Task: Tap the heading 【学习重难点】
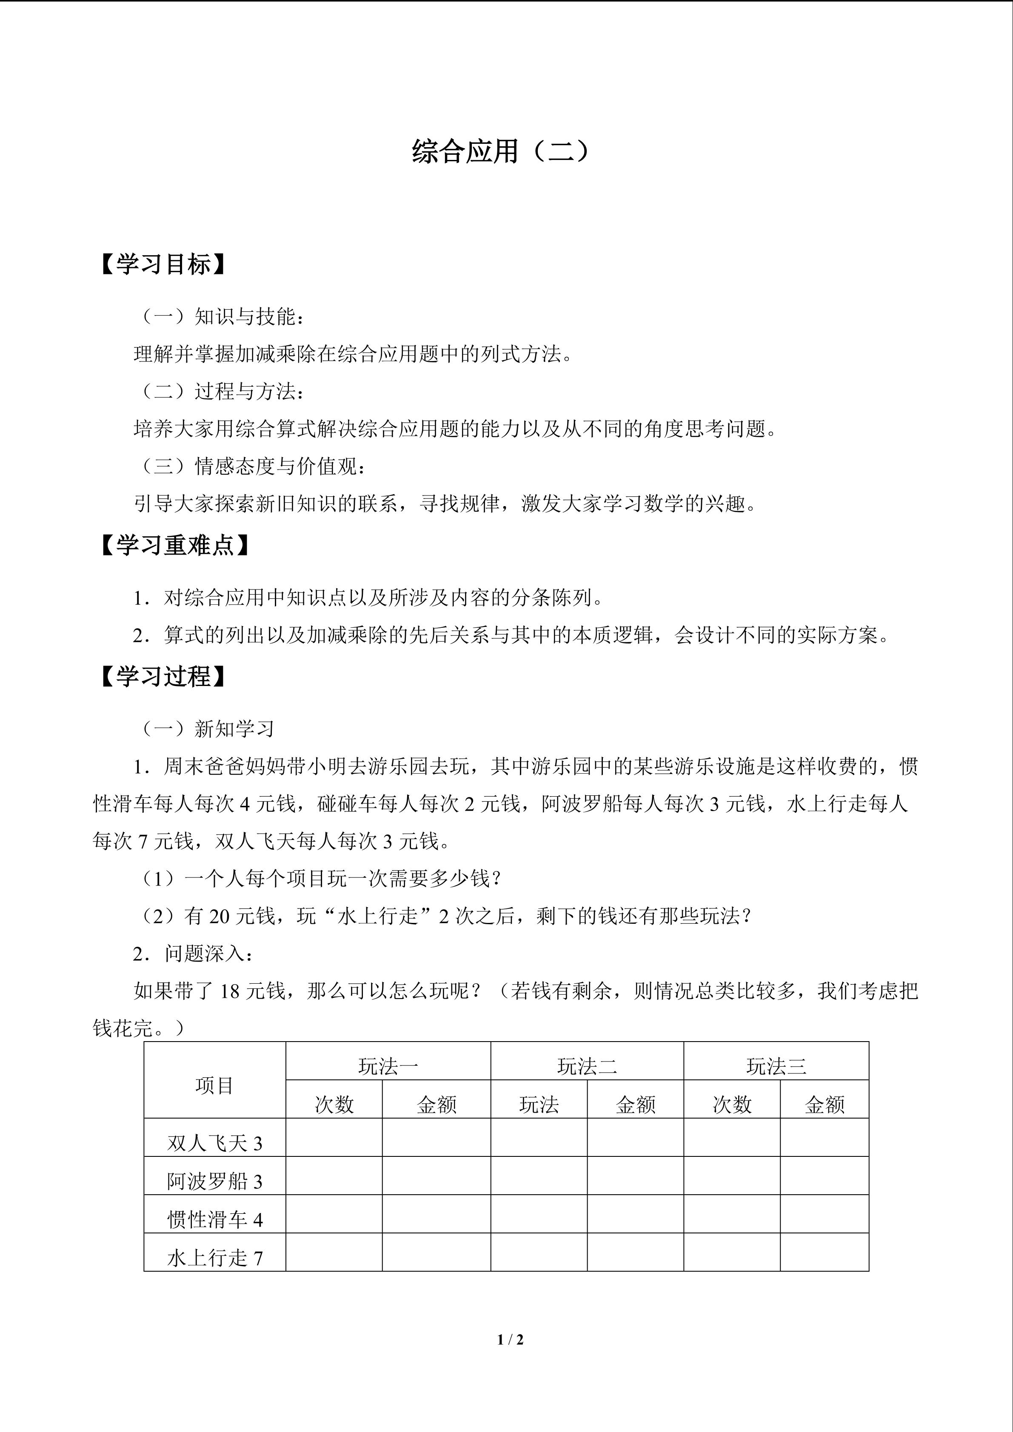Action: tap(175, 546)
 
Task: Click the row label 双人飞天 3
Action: tap(214, 1143)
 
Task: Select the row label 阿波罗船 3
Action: tap(214, 1181)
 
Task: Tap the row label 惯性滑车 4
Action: tap(214, 1220)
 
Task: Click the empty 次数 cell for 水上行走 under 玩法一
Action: tap(334, 1253)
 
